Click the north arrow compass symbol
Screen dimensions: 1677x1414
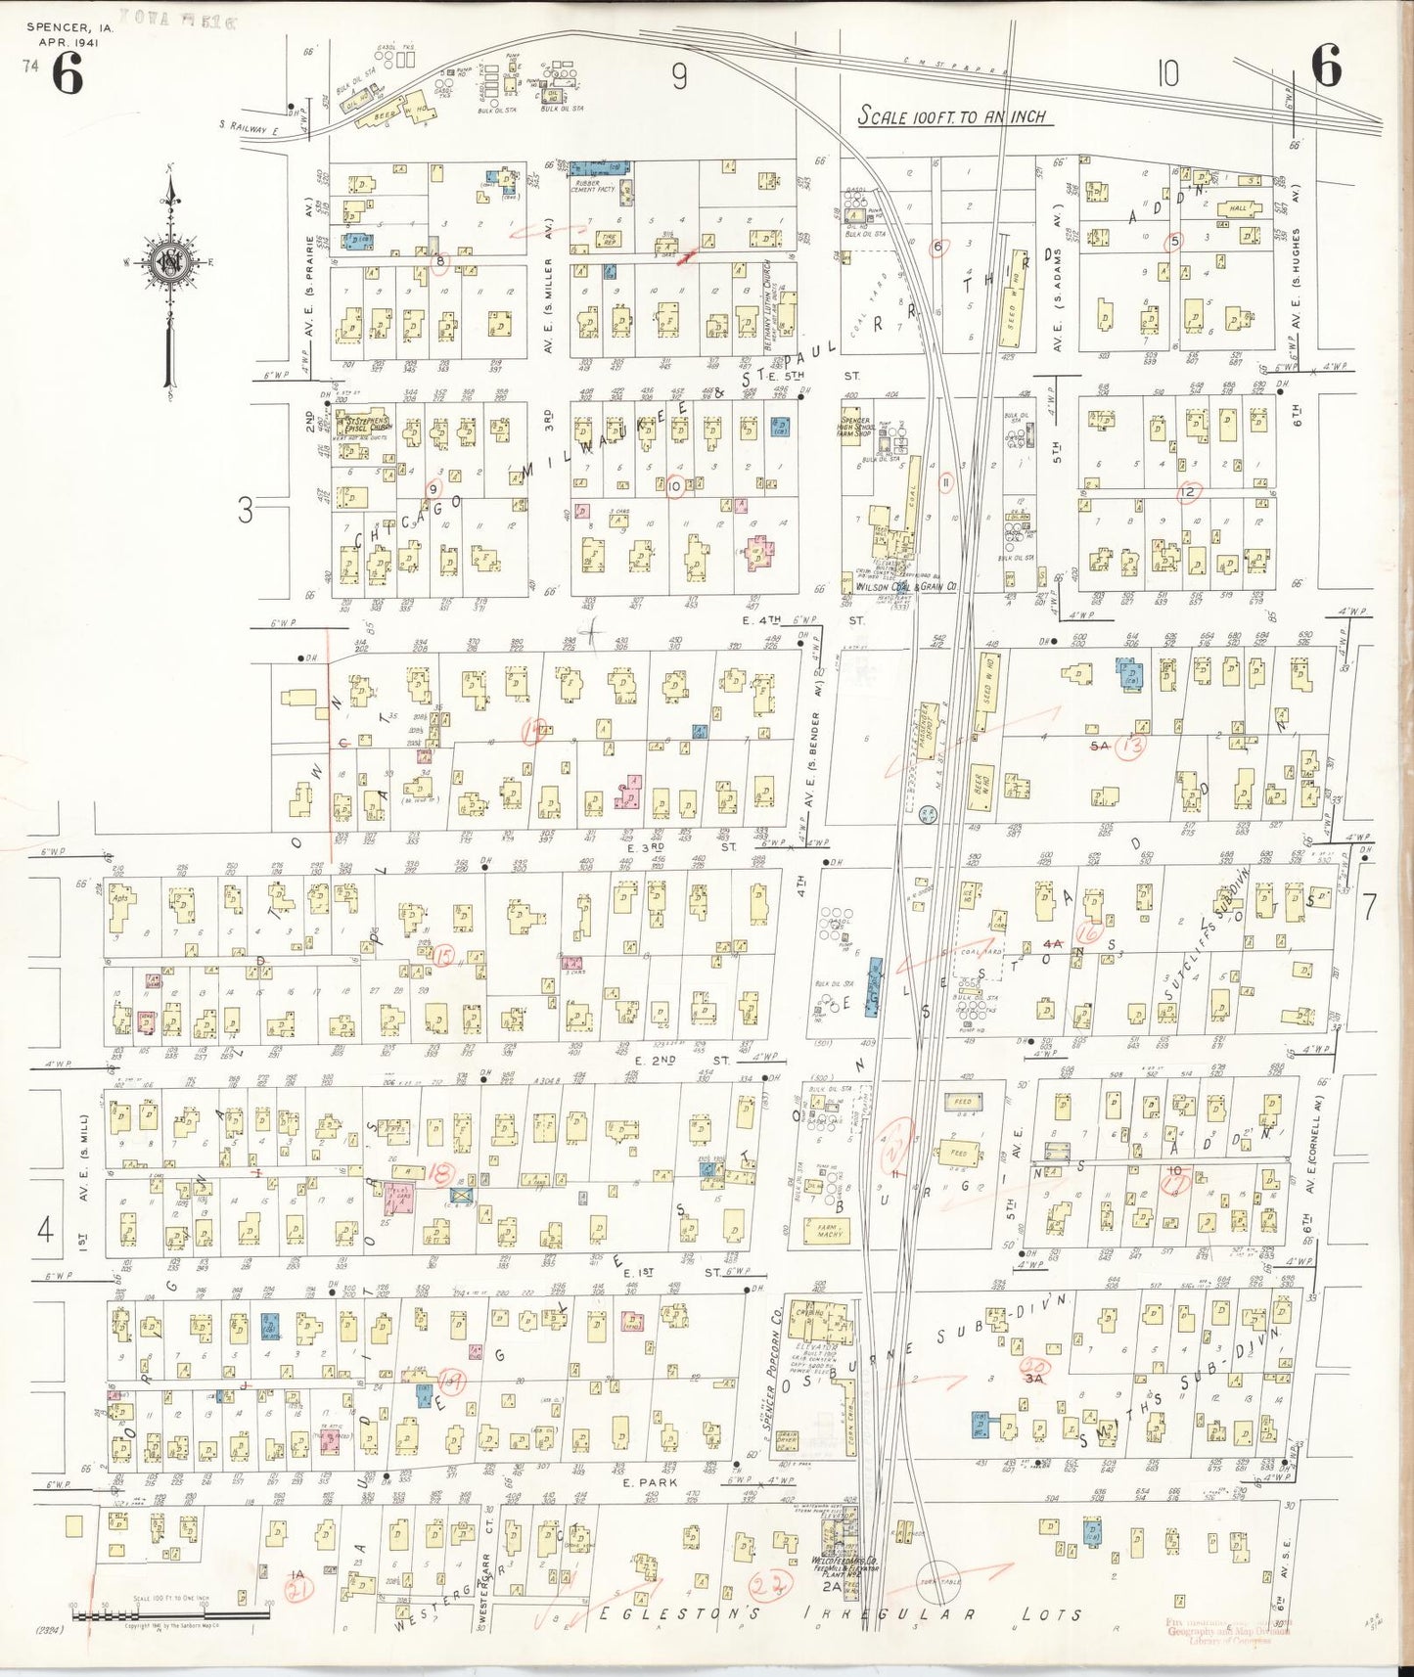pyautogui.click(x=168, y=262)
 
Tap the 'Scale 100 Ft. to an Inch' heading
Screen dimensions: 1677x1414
pyautogui.click(x=951, y=116)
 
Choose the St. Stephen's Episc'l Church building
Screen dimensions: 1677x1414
pyautogui.click(x=357, y=427)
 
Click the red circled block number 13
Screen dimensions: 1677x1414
pyautogui.click(x=1134, y=748)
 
